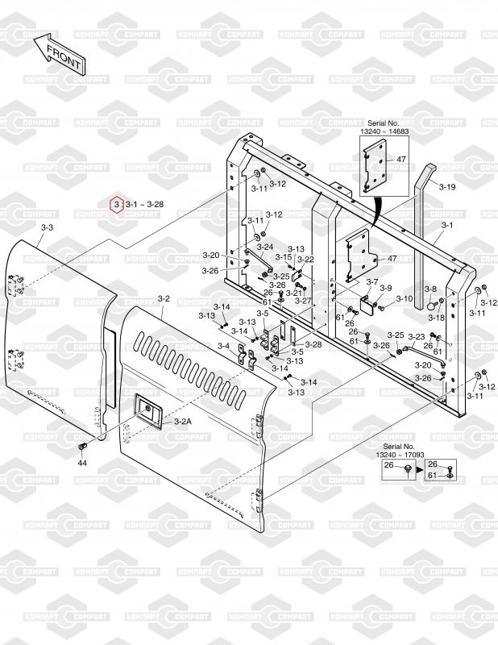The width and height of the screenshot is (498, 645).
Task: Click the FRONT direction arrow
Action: pos(59,55)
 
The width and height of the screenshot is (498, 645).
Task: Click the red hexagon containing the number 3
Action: pos(117,204)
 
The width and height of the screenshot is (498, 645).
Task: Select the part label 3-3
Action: pos(48,227)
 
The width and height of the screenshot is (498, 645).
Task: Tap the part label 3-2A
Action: pos(183,421)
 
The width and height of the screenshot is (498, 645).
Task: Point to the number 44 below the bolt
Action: pos(82,463)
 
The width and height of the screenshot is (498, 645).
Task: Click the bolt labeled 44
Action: pos(81,446)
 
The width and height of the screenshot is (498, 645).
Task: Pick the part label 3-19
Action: pos(447,187)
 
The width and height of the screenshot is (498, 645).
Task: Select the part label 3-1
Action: pos(447,225)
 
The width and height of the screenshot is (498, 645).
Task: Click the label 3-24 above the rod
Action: pos(265,248)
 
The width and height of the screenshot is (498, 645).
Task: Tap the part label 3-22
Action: pos(305,259)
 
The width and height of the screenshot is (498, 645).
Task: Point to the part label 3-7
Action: pos(371,281)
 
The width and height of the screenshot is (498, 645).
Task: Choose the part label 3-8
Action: pos(430,289)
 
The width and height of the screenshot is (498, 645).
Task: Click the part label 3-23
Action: pos(417,336)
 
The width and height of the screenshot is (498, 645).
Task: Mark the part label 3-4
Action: pos(223,346)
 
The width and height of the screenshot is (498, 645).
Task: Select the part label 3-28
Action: pos(313,344)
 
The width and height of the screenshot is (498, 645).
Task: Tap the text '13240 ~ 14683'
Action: pos(384,131)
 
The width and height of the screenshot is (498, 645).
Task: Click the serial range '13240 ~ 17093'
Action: pos(400,455)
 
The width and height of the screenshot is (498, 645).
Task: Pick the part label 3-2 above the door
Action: pos(164,298)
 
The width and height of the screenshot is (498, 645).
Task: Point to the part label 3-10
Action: pos(405,298)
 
